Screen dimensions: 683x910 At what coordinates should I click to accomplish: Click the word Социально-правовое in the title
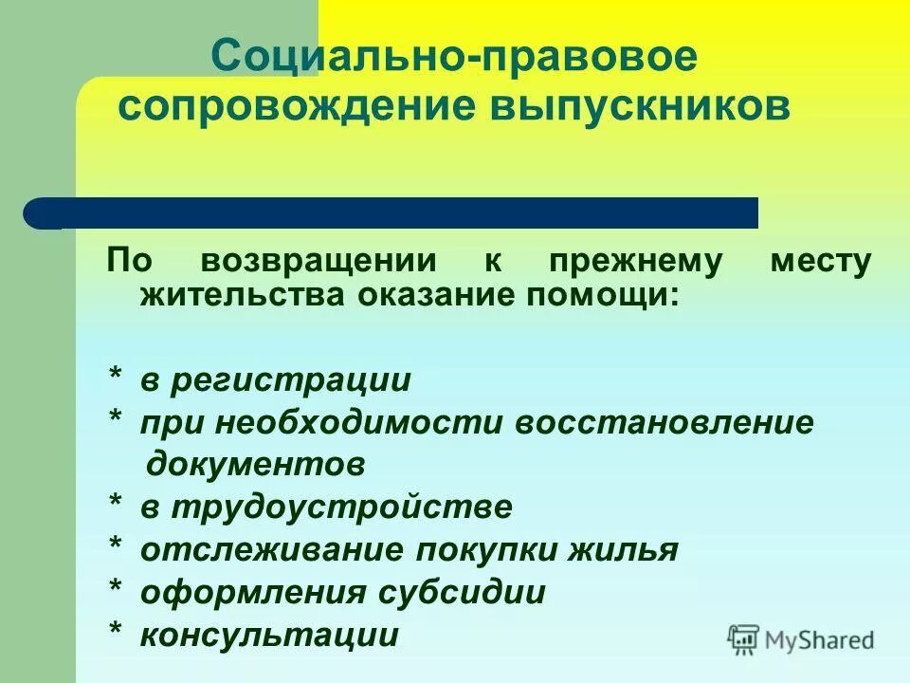[x=454, y=59]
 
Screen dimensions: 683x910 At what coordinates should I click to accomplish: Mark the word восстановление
[x=664, y=423]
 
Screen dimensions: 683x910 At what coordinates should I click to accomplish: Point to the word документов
[x=255, y=466]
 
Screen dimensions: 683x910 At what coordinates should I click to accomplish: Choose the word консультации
[x=269, y=635]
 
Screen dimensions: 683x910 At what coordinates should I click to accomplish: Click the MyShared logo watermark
[x=801, y=640]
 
